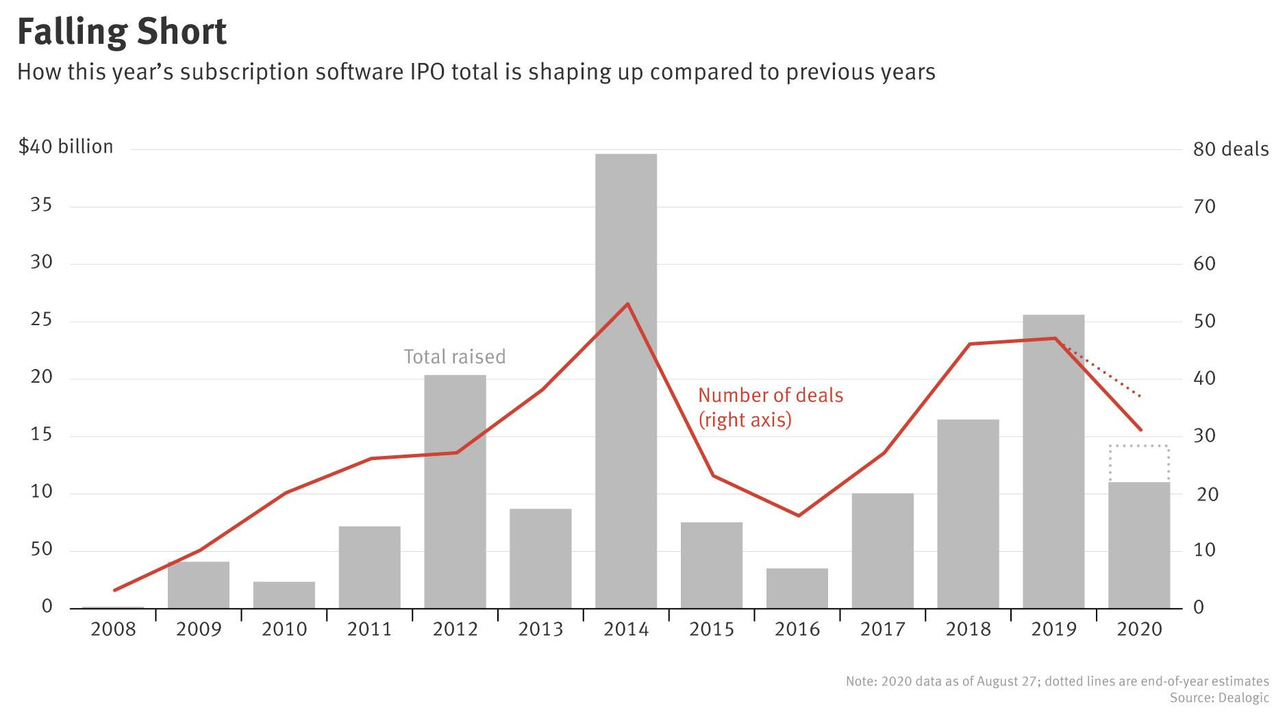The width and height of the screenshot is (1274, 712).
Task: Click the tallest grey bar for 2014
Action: [x=626, y=381]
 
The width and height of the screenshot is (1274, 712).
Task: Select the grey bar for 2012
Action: [x=455, y=492]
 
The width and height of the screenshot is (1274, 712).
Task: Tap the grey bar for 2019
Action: [x=1053, y=461]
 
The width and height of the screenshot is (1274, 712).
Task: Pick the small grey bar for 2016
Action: [x=797, y=588]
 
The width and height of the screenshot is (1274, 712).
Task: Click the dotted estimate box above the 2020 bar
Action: [x=1139, y=463]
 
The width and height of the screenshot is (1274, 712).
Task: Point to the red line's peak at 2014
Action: [x=628, y=304]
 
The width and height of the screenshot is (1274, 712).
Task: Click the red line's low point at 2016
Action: [x=798, y=516]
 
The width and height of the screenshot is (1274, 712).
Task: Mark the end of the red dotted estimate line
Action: [x=1140, y=396]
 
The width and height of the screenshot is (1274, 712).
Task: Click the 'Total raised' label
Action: [x=455, y=357]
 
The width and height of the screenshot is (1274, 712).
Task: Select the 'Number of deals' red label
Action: [x=771, y=396]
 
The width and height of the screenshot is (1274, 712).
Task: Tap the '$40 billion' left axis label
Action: [x=66, y=147]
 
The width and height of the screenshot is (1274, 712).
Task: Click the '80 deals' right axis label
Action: [x=1231, y=149]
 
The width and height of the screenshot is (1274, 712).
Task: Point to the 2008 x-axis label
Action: [x=113, y=629]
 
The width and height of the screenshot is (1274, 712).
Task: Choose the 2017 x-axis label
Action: [x=883, y=629]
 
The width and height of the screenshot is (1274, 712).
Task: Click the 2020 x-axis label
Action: [x=1140, y=629]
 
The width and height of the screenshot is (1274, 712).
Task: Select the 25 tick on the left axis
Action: [x=41, y=320]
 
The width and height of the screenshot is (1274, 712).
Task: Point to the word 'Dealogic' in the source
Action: [x=1243, y=698]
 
